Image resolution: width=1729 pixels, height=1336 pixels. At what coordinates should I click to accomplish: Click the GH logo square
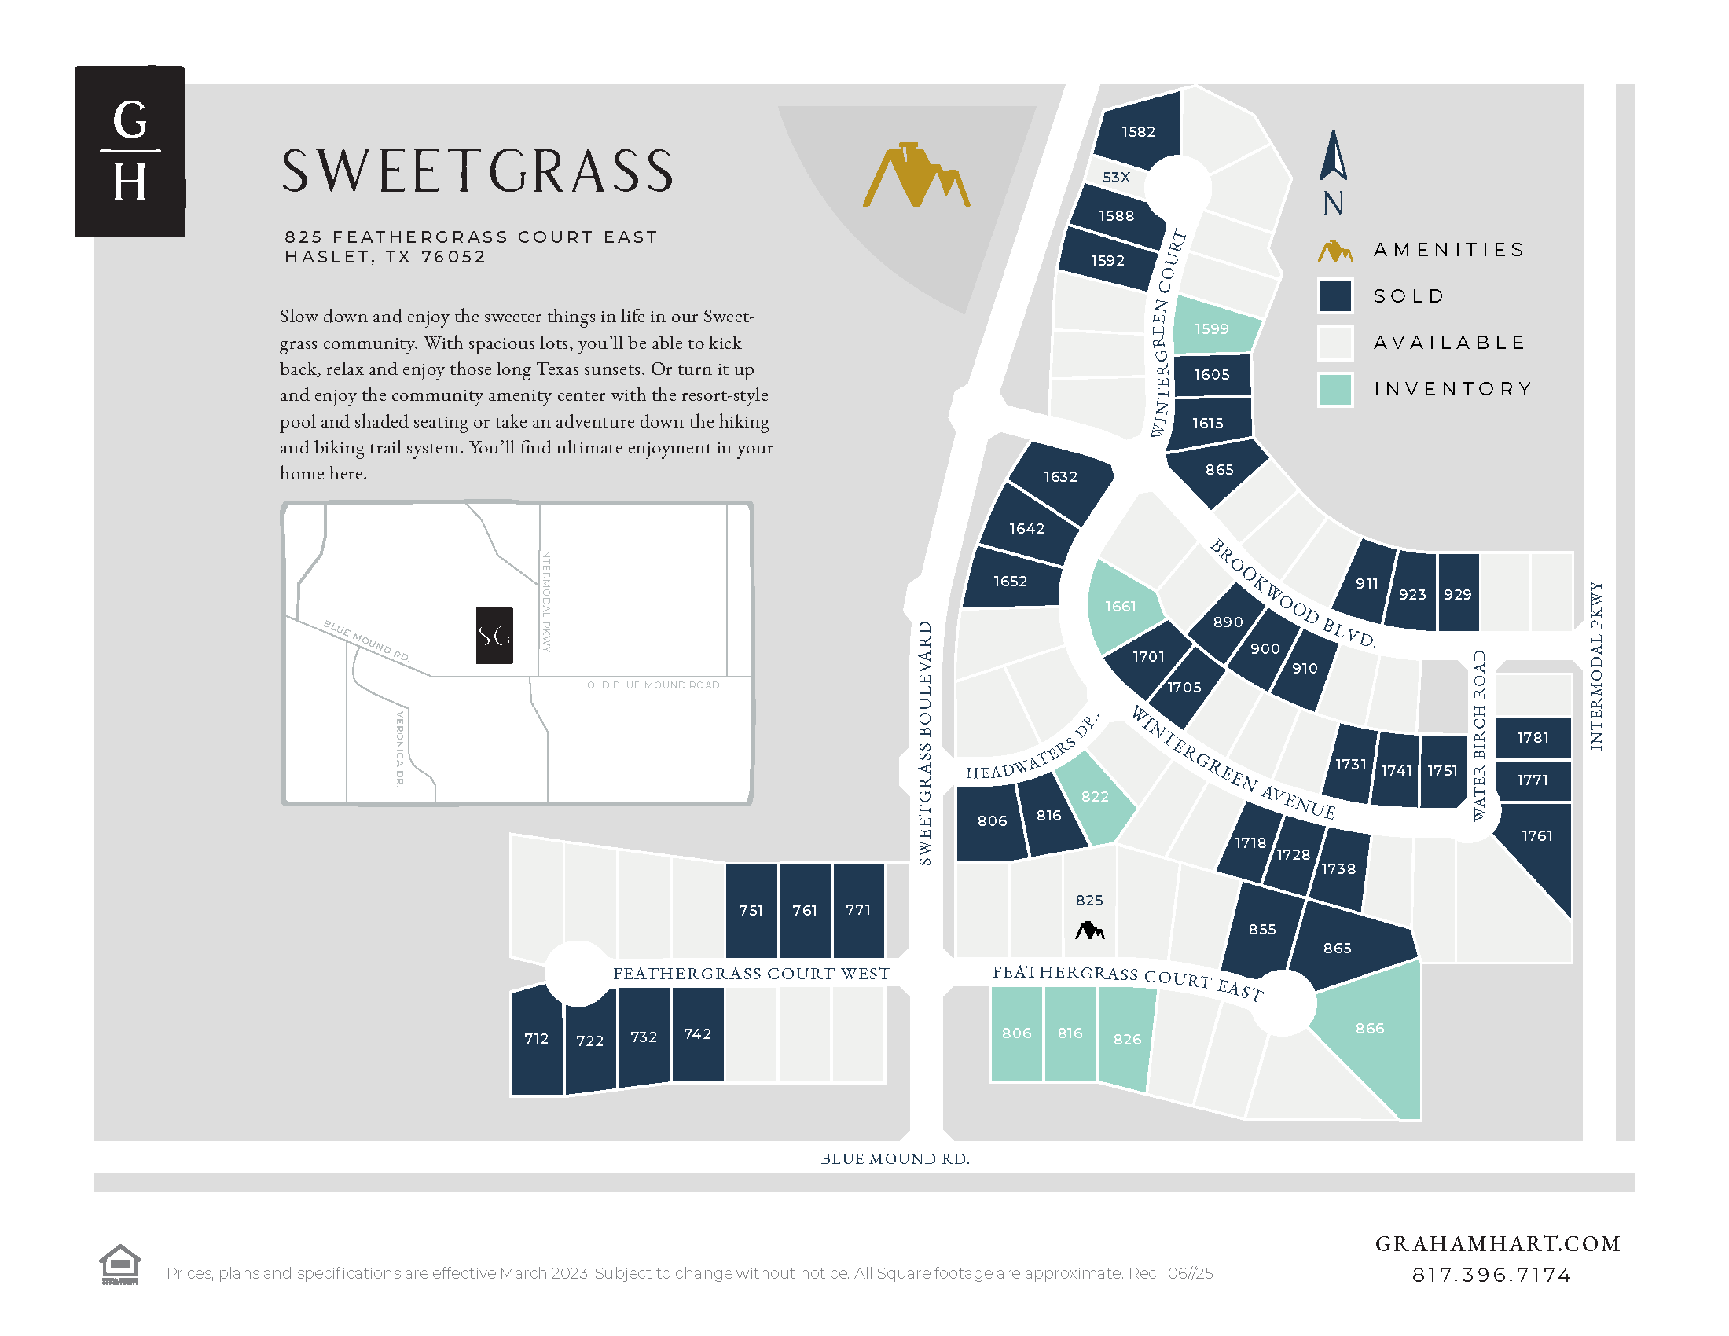click(130, 151)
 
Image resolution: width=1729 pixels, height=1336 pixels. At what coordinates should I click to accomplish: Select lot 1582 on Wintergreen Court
click(1138, 129)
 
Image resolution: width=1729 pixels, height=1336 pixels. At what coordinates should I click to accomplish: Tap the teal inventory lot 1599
click(1212, 328)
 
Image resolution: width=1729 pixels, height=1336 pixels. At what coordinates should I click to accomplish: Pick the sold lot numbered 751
click(751, 910)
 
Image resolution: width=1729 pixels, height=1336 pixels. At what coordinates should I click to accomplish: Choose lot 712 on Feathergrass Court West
click(536, 1039)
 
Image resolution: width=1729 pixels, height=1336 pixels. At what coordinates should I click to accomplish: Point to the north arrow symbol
click(1333, 158)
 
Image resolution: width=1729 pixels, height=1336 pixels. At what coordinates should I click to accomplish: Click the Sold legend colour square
click(1334, 296)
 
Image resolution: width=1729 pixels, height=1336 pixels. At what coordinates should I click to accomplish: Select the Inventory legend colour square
click(1334, 389)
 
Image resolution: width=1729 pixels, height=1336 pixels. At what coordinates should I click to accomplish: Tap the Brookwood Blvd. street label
click(1292, 593)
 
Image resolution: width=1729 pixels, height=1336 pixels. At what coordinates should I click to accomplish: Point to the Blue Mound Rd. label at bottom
click(894, 1158)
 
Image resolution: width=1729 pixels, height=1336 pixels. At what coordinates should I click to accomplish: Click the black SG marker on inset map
click(494, 636)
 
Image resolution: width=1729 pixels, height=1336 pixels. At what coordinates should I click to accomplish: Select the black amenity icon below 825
click(1089, 930)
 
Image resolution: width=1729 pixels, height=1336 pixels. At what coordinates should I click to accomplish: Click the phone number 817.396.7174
click(1492, 1275)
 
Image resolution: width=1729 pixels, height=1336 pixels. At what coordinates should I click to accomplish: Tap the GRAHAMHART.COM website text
click(1497, 1244)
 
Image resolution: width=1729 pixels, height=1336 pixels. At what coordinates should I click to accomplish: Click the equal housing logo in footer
click(119, 1264)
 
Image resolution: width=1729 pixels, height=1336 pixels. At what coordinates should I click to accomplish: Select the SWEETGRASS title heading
click(477, 171)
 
